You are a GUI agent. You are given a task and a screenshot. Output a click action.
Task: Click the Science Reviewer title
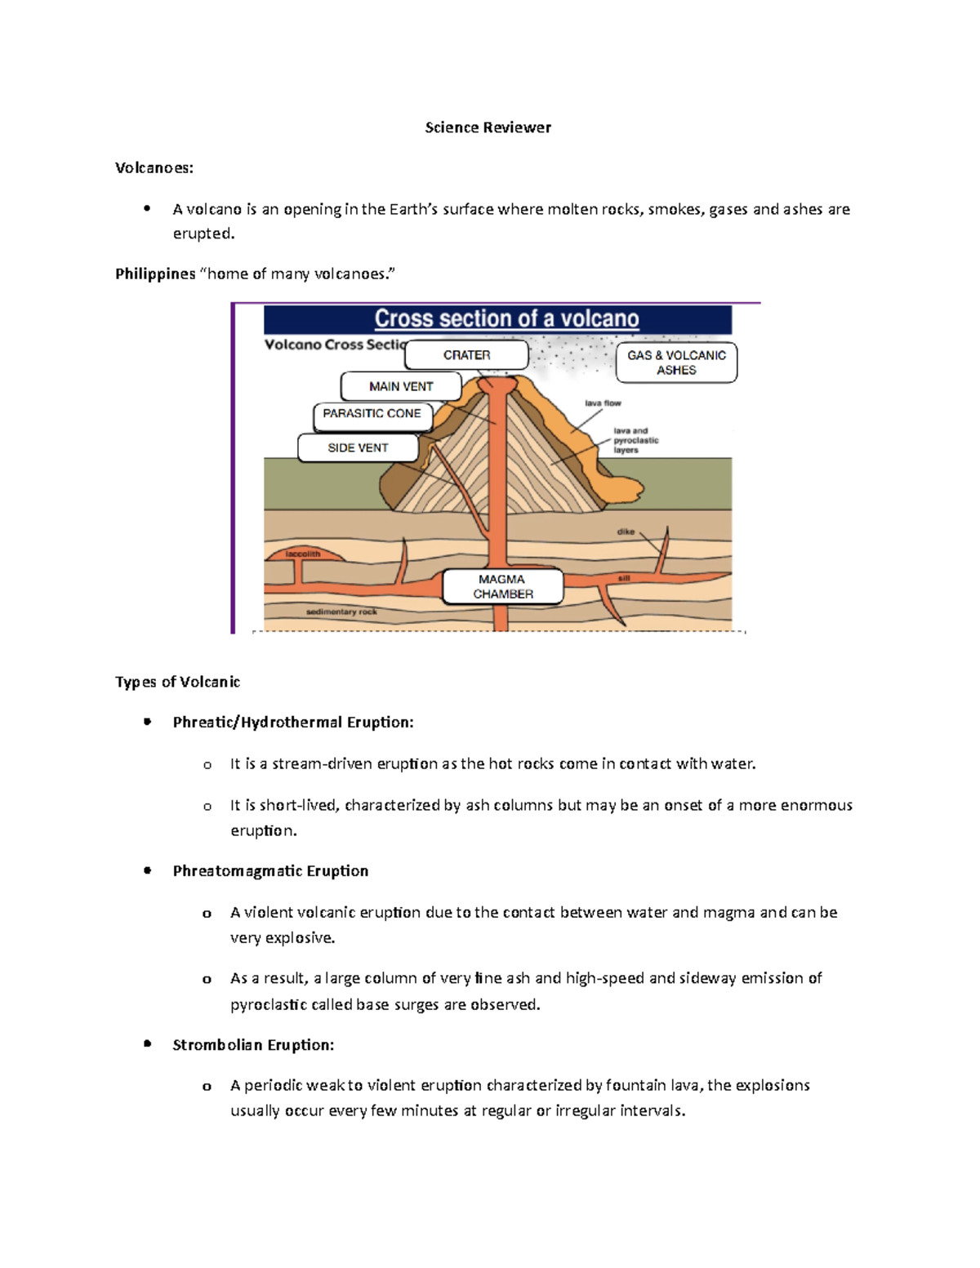point(488,127)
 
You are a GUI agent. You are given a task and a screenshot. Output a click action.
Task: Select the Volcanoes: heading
point(154,168)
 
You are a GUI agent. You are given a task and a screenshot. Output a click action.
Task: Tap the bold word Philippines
point(155,274)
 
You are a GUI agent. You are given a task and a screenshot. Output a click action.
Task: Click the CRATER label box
point(466,355)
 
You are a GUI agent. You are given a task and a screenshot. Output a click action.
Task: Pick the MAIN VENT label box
point(401,386)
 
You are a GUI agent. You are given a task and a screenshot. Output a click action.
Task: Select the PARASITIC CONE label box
point(372,414)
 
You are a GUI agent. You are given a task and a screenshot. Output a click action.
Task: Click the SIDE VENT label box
point(358,448)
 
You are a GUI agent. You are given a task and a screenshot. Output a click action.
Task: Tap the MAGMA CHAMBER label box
point(503,587)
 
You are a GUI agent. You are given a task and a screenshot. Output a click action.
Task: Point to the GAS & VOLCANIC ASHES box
point(676,363)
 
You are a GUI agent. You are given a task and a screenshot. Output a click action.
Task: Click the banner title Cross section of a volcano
point(506,318)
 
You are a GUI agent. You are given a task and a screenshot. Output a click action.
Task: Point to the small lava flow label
point(603,403)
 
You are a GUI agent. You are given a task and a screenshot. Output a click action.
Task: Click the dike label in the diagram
point(626,532)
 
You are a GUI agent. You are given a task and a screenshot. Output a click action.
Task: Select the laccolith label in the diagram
point(303,554)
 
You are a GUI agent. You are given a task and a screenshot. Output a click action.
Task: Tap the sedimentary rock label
point(341,612)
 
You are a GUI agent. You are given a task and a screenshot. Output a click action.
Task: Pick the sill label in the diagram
point(624,578)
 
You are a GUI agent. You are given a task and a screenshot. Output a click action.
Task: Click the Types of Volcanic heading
point(177,682)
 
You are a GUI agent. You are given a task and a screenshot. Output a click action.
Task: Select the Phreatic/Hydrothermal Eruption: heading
point(293,723)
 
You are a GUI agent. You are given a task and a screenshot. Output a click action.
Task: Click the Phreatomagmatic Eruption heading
point(270,871)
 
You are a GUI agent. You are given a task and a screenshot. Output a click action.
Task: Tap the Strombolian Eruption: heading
point(253,1045)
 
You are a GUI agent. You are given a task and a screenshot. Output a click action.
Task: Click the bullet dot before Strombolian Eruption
point(147,1043)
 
